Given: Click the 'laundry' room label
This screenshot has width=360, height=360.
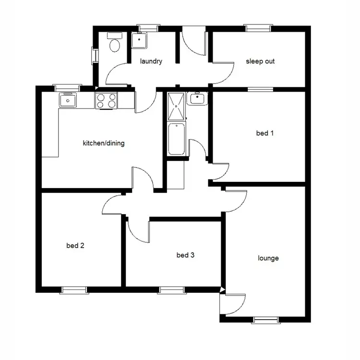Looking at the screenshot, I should [x=151, y=61].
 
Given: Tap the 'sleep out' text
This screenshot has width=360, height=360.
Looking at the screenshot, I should [x=260, y=61].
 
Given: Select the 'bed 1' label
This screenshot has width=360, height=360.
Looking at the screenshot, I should [x=264, y=133].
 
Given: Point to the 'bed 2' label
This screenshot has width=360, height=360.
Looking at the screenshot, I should [x=75, y=246].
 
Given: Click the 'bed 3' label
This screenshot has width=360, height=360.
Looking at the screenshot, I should [x=185, y=255].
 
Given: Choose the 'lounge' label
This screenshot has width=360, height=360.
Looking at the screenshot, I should [x=268, y=258].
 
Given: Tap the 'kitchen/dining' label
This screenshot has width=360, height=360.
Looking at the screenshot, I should [x=104, y=143].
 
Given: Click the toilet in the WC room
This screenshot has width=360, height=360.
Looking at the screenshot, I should [x=114, y=44].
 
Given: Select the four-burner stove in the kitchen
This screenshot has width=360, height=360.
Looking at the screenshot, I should [x=107, y=100].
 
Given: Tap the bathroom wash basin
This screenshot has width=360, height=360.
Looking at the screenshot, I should [x=197, y=99].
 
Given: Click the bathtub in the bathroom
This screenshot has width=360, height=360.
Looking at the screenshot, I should [x=176, y=139].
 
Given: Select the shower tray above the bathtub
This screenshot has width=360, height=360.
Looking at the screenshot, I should [x=176, y=106].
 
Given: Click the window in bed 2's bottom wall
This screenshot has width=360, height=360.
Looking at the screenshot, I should [x=74, y=289].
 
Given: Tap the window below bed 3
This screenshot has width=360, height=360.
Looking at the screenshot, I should [x=172, y=289].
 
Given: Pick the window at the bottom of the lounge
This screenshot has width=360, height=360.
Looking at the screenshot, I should [x=265, y=320].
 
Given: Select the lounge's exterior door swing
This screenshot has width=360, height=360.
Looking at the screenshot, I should [x=234, y=302].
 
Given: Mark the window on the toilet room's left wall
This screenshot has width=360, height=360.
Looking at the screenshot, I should [x=95, y=54].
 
